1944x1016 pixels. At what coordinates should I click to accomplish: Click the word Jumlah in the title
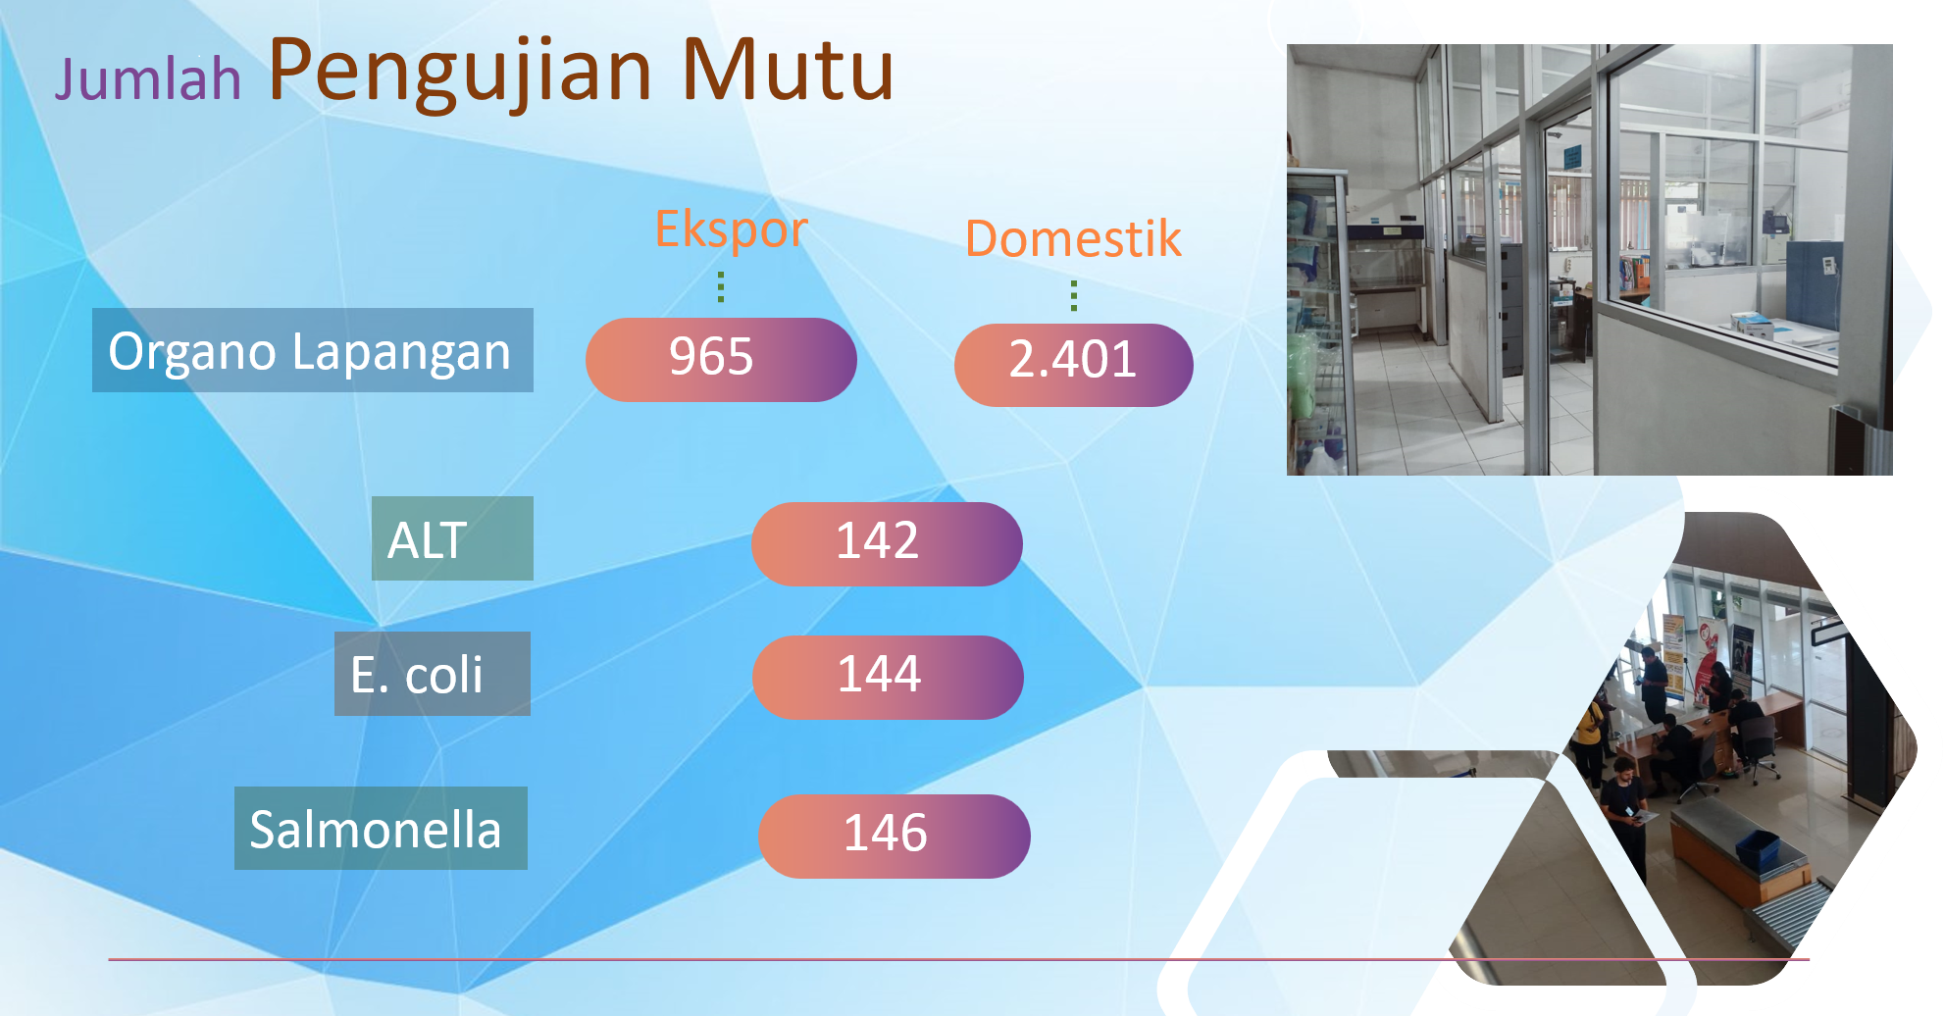click(148, 78)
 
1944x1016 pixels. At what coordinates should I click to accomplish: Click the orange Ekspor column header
click(731, 230)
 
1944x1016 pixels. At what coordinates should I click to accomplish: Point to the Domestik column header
click(1073, 238)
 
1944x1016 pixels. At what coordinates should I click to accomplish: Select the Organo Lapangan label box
click(313, 350)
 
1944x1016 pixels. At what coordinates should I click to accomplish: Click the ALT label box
click(452, 538)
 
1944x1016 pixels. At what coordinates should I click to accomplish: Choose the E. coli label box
click(433, 674)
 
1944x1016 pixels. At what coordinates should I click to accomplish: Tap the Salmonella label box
click(381, 828)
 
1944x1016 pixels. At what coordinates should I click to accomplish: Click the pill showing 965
click(721, 359)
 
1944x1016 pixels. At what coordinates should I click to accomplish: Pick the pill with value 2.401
click(1073, 365)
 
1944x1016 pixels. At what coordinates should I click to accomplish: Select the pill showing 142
click(887, 544)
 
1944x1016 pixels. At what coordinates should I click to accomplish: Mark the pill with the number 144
click(888, 678)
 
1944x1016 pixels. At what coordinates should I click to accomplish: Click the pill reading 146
click(895, 837)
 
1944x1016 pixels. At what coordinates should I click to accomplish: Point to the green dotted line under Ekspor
click(721, 286)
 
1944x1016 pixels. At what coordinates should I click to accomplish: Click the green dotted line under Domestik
click(1074, 295)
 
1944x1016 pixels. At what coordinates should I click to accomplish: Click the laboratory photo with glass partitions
click(1589, 260)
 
